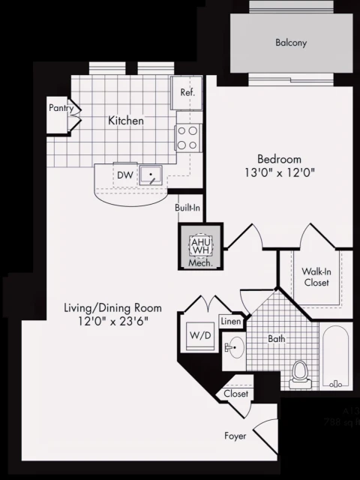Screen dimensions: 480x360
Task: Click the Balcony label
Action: tap(291, 43)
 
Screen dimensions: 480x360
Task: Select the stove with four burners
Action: tap(187, 137)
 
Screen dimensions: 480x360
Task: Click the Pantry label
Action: tap(61, 108)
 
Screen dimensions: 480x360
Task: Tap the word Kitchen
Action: tap(125, 121)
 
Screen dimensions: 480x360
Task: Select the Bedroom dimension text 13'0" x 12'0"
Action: tap(279, 172)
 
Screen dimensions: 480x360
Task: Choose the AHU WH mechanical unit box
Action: tap(200, 247)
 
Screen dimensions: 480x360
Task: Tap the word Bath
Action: tap(277, 339)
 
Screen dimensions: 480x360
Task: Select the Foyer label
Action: tap(235, 435)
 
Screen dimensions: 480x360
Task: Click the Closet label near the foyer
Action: tap(235, 394)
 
